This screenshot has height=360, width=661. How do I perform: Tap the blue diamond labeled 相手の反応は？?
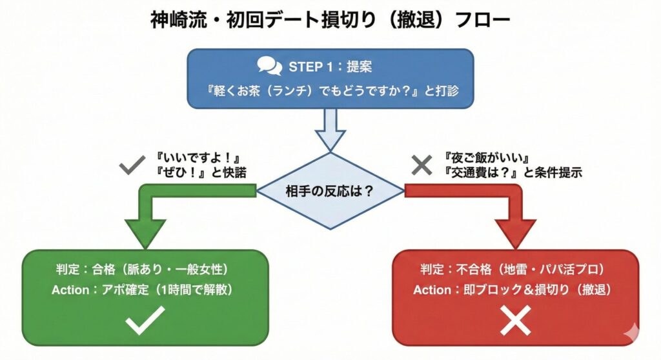[x=330, y=190]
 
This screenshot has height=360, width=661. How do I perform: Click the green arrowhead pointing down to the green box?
[x=145, y=233]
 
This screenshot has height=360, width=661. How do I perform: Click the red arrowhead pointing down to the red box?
[x=515, y=233]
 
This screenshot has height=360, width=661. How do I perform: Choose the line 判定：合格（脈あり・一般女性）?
[x=144, y=269]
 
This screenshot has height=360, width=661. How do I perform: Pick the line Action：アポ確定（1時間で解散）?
[x=144, y=290]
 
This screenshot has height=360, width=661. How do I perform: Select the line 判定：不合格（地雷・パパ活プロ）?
[x=515, y=269]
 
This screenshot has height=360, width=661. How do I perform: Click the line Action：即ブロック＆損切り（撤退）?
[x=515, y=290]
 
